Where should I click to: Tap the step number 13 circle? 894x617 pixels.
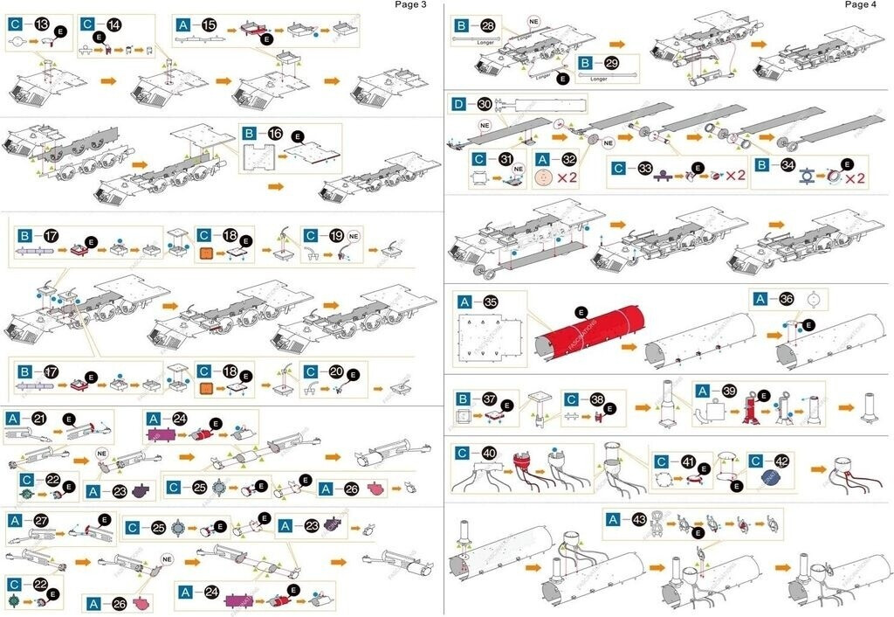[41, 24]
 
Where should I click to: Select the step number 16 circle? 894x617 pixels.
[275, 135]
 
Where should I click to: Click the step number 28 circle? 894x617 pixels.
[488, 26]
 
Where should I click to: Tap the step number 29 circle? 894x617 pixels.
[611, 64]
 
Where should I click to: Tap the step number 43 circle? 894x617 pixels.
[640, 519]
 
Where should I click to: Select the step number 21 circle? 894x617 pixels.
[39, 419]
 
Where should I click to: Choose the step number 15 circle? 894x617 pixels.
[210, 25]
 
